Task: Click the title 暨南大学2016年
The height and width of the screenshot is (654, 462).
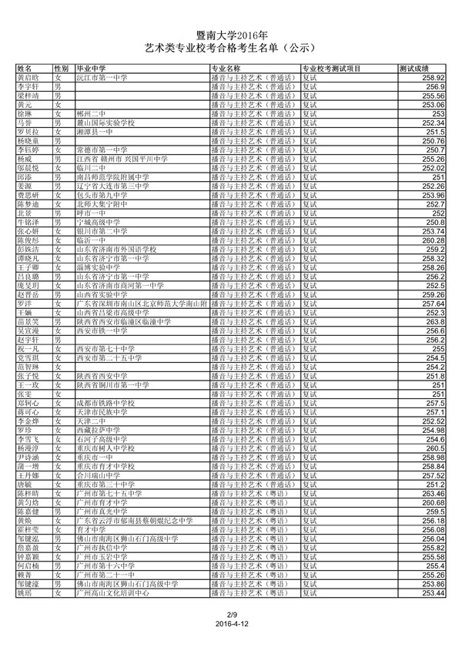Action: click(x=231, y=35)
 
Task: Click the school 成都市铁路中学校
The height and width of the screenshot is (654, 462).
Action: click(x=105, y=403)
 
